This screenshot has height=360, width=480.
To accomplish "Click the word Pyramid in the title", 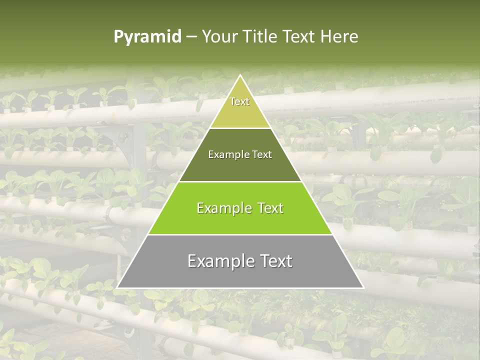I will click(147, 37).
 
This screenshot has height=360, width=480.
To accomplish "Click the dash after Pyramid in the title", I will click(191, 37).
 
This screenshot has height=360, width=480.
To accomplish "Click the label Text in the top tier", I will click(239, 101).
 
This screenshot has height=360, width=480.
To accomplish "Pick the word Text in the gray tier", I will click(274, 261).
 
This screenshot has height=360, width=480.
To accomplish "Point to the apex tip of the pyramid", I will click(240, 75).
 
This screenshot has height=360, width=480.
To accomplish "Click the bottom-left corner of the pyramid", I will click(118, 287).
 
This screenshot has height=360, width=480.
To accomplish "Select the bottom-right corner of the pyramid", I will click(362, 287).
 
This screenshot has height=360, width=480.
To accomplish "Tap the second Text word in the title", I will click(300, 37).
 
